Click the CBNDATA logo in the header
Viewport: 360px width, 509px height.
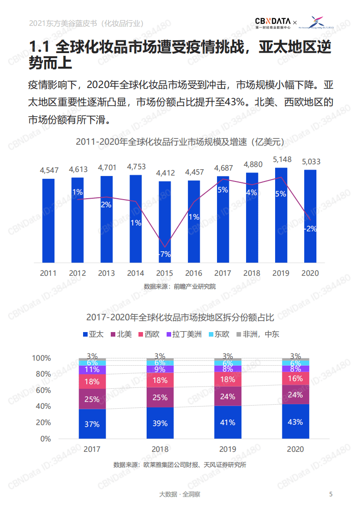(x=276, y=22)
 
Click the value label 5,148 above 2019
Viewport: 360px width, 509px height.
(x=281, y=160)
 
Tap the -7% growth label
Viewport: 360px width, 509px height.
(x=164, y=254)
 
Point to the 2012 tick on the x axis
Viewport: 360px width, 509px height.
(x=77, y=273)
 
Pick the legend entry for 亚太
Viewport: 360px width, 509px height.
(x=93, y=334)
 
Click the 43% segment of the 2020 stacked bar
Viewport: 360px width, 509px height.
(x=295, y=422)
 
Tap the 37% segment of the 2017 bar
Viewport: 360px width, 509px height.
(x=92, y=424)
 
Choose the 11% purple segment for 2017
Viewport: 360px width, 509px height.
(x=92, y=370)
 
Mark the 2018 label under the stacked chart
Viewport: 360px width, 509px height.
(x=160, y=449)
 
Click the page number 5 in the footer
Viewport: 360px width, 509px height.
(x=331, y=494)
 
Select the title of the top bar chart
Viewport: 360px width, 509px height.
(x=180, y=142)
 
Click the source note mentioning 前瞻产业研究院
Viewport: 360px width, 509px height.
(x=180, y=286)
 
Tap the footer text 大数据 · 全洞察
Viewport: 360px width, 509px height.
(x=180, y=494)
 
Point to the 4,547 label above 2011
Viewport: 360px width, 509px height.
(x=49, y=171)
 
